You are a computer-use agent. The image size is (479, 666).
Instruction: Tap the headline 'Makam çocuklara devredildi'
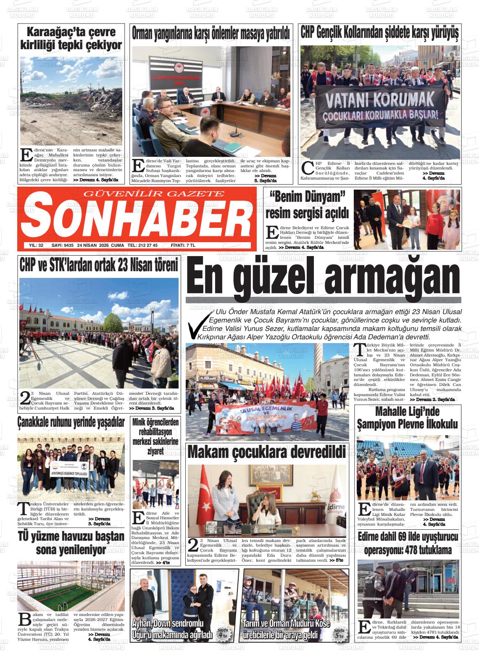point(267,452)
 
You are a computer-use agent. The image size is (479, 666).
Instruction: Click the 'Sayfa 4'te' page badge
point(223,633)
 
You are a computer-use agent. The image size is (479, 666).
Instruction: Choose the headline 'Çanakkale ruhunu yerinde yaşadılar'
point(71,422)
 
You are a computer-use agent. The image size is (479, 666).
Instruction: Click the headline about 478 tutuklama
point(408,543)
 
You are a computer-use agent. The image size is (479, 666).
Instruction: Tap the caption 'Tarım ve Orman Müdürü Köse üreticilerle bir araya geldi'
point(287,629)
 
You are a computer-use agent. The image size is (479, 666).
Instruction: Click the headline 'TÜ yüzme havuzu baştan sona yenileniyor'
point(71,543)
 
